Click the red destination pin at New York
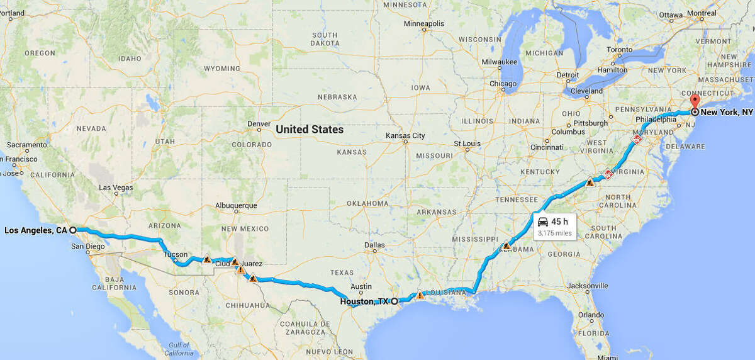695,103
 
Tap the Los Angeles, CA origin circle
72,230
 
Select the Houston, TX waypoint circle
394,301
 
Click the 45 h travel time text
560,222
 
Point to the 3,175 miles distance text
554,233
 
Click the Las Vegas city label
116,188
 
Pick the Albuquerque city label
236,205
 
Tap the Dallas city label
374,245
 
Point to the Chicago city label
503,84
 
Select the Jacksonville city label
586,286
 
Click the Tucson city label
176,254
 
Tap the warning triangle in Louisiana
420,295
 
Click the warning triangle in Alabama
506,245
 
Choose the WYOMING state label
222,69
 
